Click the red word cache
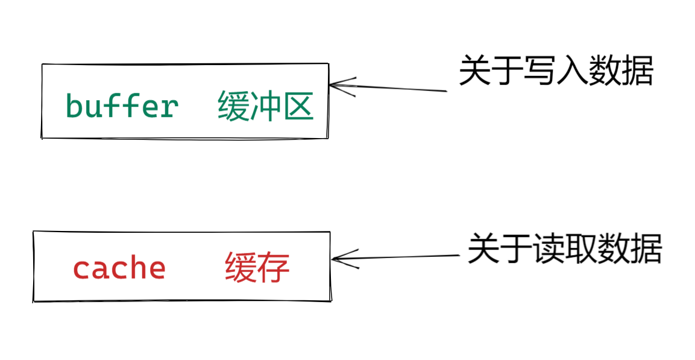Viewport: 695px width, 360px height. coord(119,268)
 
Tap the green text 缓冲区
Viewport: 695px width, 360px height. coord(265,107)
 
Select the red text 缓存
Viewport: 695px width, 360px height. coord(257,268)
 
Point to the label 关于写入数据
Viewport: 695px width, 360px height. coord(556,71)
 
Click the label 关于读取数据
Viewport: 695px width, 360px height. coord(564,248)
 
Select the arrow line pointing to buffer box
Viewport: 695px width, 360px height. coord(398,89)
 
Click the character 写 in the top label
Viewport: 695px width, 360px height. coord(539,71)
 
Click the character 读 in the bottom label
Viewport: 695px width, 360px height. coord(549,248)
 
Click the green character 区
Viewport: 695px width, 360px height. coord(298,107)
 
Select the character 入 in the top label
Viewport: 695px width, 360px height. coord(571,71)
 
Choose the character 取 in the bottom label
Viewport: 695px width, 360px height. coord(580,248)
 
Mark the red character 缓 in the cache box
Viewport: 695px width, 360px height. coord(241,268)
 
